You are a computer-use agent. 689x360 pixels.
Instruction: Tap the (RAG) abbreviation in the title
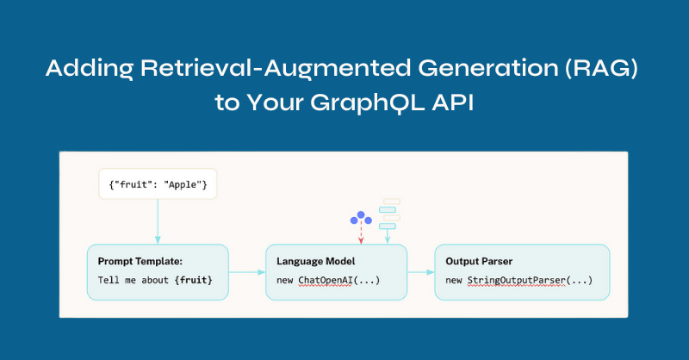[601, 68]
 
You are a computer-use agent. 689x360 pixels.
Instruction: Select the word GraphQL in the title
[368, 103]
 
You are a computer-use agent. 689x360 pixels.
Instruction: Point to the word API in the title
[453, 102]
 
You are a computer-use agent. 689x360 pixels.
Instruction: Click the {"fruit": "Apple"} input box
[158, 184]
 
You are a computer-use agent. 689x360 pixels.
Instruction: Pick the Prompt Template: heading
[140, 261]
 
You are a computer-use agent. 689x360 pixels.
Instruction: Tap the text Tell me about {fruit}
[155, 280]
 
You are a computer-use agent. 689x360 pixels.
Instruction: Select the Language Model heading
[315, 261]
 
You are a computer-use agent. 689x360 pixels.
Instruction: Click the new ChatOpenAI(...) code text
[328, 281]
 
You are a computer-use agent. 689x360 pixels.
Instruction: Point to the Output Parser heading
[479, 261]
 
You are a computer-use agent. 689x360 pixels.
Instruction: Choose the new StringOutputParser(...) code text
[519, 281]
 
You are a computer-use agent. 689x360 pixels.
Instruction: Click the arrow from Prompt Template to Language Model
[247, 272]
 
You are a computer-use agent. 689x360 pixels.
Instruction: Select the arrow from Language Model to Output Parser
[420, 272]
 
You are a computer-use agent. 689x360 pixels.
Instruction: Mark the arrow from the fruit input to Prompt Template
[158, 221]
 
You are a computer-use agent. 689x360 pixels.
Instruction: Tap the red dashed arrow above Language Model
[361, 233]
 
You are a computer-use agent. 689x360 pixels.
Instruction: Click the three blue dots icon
[361, 218]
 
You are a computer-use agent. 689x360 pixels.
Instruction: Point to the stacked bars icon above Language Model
[389, 214]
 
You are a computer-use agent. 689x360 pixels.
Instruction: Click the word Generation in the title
[488, 68]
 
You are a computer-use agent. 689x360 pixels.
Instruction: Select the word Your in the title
[275, 102]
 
